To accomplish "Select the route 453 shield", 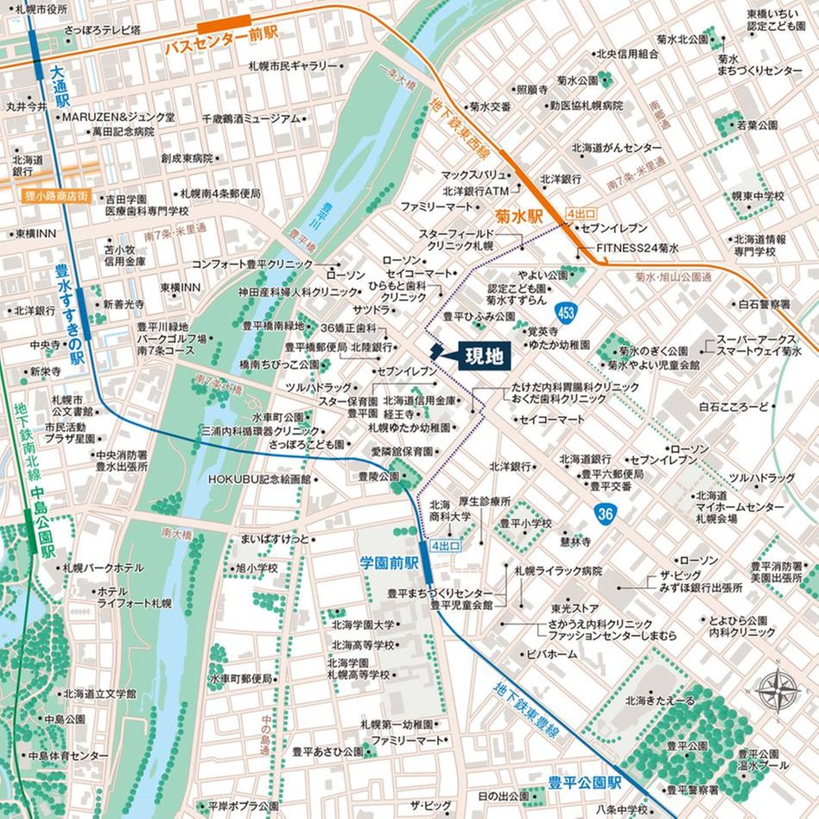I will coord(566,311).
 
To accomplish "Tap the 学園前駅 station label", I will coord(389,562).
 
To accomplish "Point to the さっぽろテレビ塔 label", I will coord(102,30).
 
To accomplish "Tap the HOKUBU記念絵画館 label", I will coord(258,479).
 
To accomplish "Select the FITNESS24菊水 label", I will coord(638,248).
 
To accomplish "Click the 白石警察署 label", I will coord(763,304).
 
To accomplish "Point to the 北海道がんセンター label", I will coord(617,147).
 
